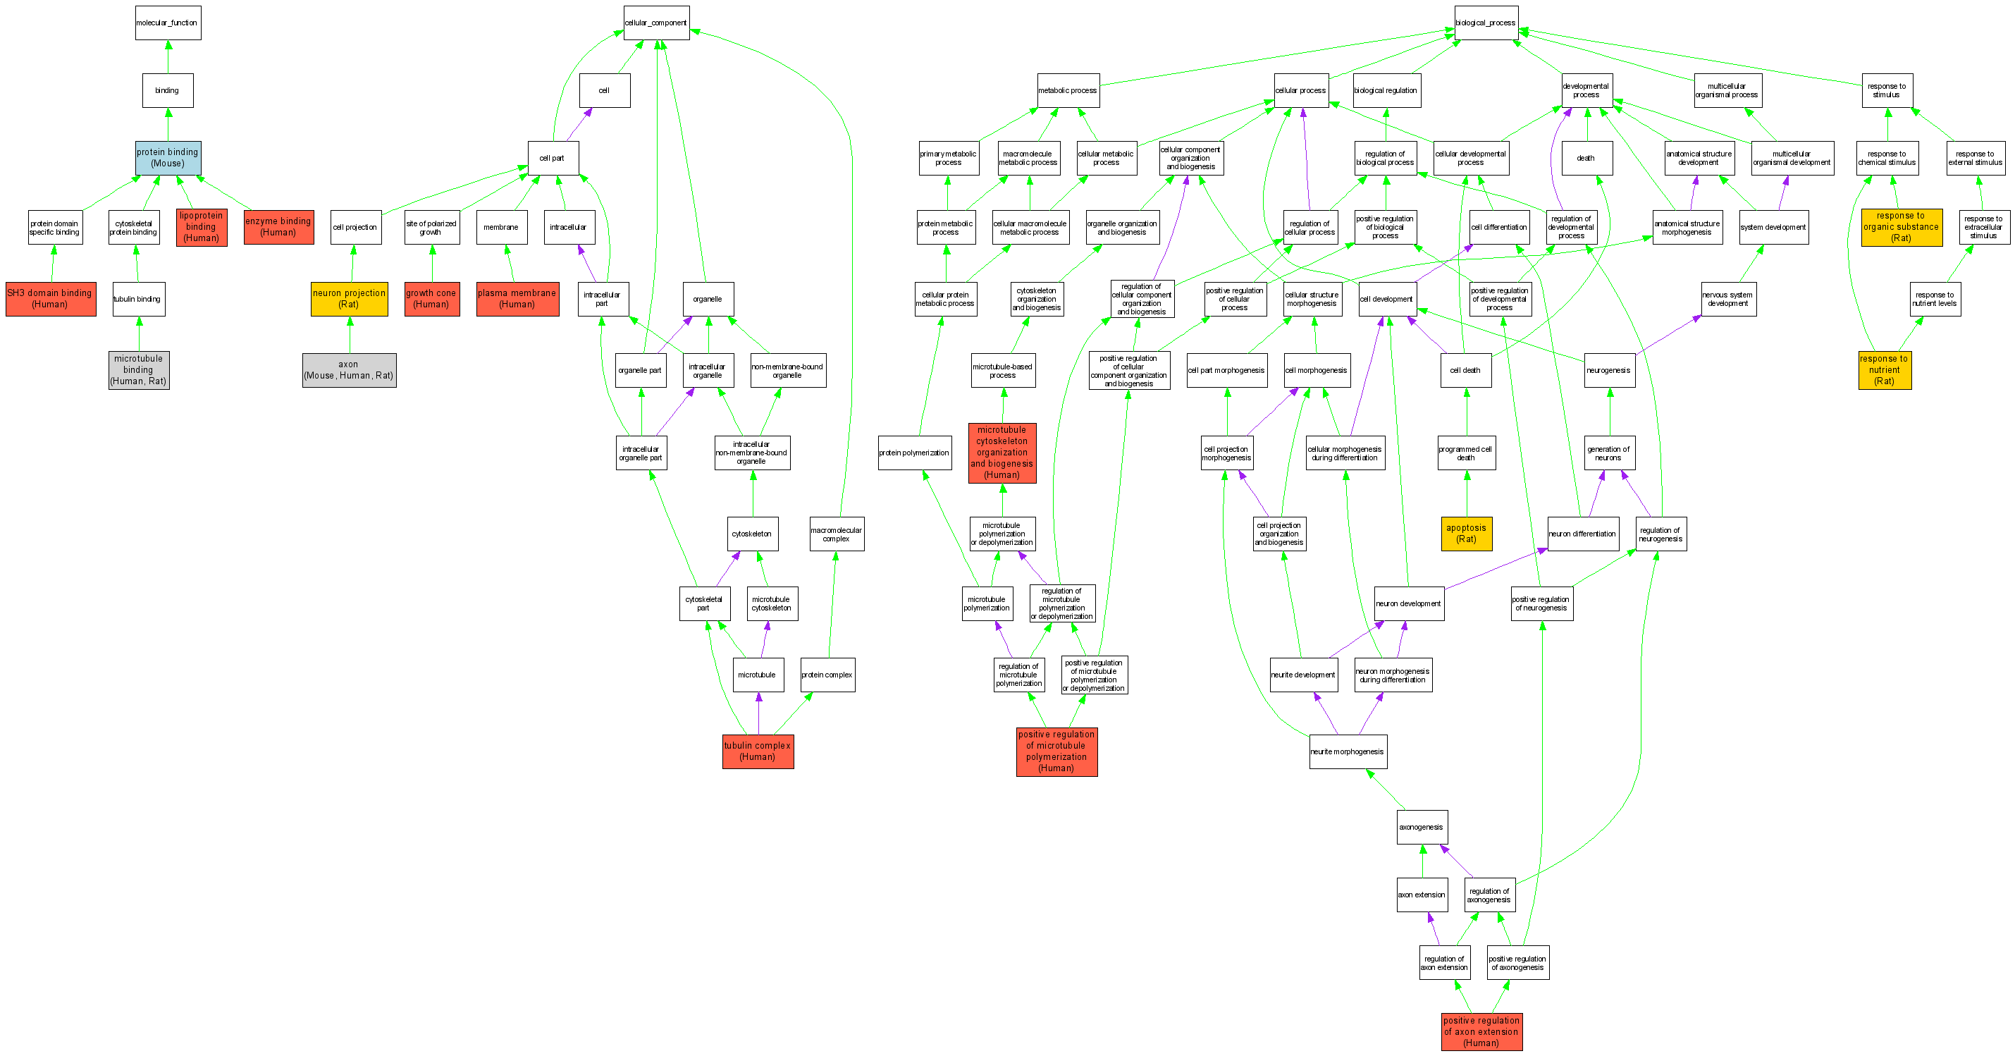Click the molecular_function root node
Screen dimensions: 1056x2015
coord(168,23)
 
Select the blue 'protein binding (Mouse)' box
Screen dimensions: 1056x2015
coord(168,158)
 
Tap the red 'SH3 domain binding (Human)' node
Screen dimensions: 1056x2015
coord(50,299)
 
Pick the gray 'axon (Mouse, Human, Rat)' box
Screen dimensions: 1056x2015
coord(349,370)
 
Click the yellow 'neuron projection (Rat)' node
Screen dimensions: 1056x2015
coord(349,299)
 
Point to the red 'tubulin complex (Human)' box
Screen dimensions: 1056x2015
coord(757,751)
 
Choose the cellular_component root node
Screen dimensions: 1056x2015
coord(655,23)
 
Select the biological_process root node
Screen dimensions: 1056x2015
coord(1486,23)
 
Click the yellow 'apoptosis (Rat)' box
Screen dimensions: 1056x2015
coord(1466,534)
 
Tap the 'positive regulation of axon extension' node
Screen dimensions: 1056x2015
coord(1481,1031)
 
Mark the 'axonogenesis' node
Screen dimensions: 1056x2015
coord(1422,827)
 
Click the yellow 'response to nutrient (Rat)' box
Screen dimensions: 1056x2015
coord(1885,370)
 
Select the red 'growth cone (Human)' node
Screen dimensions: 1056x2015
coord(431,299)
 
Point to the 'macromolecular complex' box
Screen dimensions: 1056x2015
coord(836,534)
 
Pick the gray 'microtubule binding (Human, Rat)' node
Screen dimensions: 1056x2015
coord(138,370)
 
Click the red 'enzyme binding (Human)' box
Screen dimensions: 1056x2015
coord(278,227)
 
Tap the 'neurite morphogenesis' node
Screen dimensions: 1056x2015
coord(1347,751)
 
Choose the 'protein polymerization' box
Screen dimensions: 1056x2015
coord(913,453)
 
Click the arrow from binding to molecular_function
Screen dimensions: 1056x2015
coord(168,57)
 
